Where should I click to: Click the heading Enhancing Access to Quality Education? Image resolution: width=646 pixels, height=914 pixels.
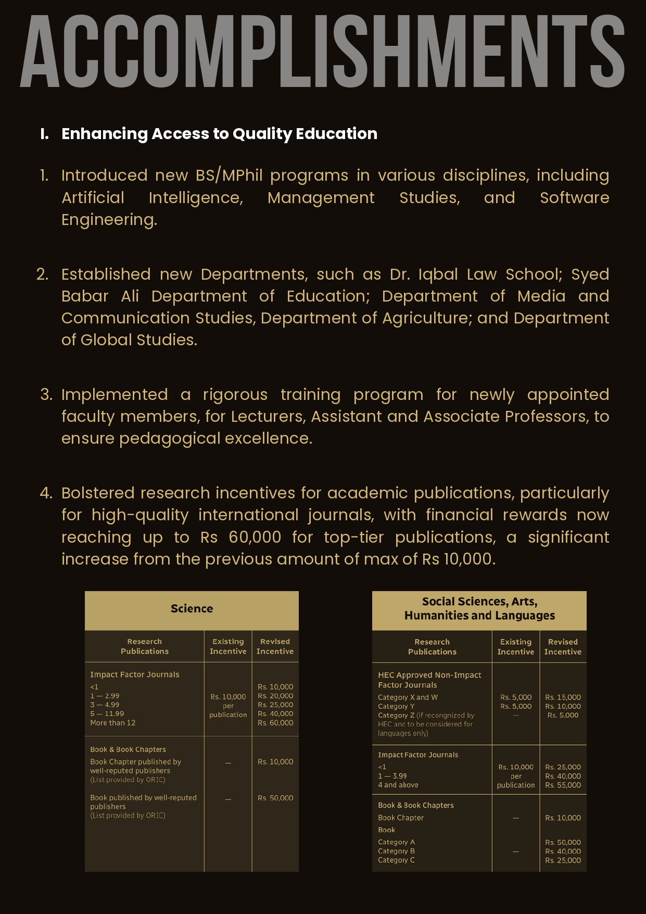tap(219, 134)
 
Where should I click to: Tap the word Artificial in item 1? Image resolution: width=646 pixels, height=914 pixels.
tap(93, 198)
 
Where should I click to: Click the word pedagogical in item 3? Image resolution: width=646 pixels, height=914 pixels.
tap(170, 439)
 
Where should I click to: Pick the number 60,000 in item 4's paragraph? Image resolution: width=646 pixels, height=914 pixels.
tap(255, 537)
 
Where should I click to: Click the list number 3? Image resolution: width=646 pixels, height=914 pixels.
tap(46, 395)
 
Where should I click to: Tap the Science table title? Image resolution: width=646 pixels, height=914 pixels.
tap(192, 609)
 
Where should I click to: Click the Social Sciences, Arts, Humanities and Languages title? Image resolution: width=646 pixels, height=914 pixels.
tap(479, 609)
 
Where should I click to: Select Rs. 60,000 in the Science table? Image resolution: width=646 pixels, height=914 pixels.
tap(275, 723)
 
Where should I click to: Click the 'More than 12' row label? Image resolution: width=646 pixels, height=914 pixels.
tap(112, 723)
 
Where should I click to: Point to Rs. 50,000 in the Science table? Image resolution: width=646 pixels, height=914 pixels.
tap(275, 798)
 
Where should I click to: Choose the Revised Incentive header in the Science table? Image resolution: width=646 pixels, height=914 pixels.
tap(275, 646)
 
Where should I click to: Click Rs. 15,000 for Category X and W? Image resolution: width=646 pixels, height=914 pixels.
tap(563, 697)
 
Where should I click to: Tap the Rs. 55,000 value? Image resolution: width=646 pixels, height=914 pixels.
tap(563, 785)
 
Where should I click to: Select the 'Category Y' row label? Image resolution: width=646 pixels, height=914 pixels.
tap(396, 707)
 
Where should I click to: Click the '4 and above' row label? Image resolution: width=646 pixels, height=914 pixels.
tap(398, 785)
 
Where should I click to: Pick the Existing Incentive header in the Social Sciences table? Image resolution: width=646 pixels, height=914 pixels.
tap(515, 647)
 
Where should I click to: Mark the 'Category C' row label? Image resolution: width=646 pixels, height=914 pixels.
tap(396, 860)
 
